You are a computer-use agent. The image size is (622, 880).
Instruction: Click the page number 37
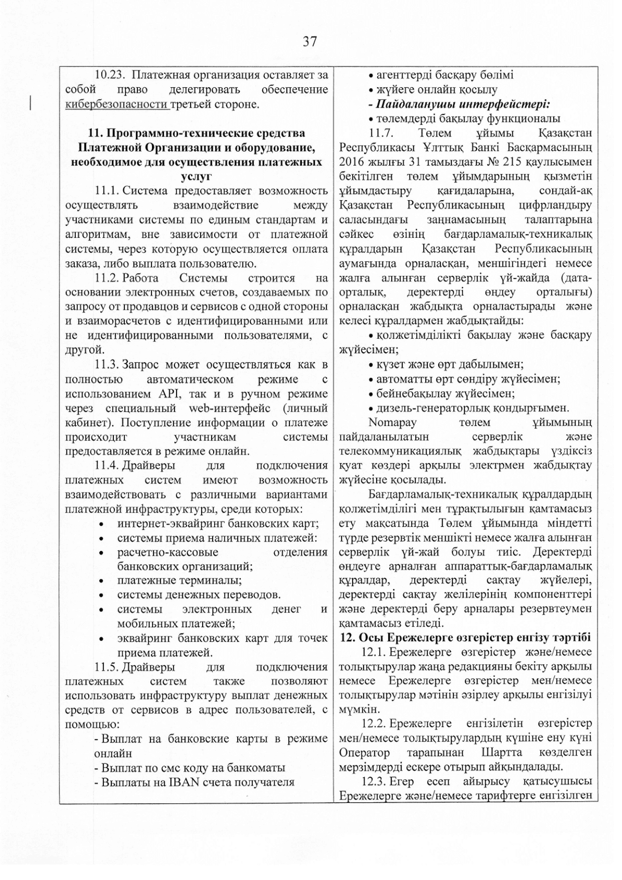click(310, 42)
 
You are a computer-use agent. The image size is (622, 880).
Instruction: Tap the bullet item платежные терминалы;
click(179, 580)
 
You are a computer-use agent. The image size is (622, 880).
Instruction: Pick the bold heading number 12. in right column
click(348, 638)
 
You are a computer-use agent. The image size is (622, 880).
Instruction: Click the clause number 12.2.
click(374, 724)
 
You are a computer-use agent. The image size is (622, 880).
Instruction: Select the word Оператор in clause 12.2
click(364, 753)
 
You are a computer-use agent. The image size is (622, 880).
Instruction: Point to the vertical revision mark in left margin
click(31, 102)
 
